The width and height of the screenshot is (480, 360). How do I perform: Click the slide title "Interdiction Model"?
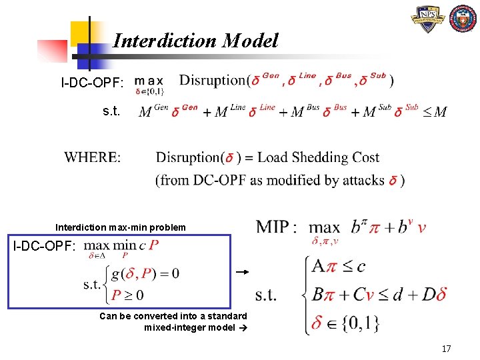[195, 41]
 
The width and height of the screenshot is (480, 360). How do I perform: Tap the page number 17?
[446, 349]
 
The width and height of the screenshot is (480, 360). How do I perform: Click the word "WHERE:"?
[93, 158]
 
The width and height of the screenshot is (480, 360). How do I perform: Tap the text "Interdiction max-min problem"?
[121, 227]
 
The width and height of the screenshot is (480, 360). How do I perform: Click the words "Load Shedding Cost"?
[318, 158]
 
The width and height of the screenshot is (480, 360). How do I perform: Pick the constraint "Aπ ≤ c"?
[339, 267]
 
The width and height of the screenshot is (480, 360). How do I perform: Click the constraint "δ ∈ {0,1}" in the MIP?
[345, 323]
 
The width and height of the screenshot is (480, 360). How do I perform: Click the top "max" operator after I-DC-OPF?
[150, 80]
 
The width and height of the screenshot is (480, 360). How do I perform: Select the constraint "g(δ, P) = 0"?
[146, 273]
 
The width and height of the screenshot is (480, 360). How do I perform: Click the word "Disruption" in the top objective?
[213, 81]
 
